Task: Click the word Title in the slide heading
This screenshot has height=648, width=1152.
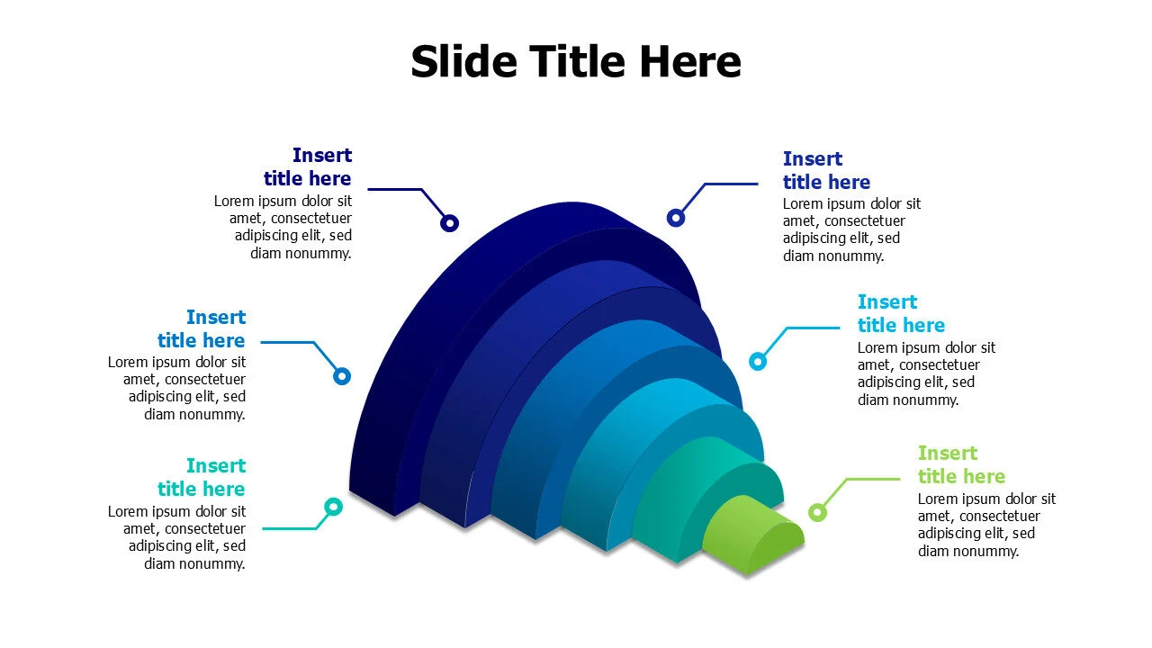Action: pyautogui.click(x=576, y=62)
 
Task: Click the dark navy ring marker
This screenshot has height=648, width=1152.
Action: pyautogui.click(x=449, y=223)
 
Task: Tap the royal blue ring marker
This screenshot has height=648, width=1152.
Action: pyautogui.click(x=676, y=217)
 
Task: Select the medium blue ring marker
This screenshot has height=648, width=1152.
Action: pyautogui.click(x=342, y=376)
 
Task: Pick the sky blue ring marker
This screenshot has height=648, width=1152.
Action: pyautogui.click(x=758, y=362)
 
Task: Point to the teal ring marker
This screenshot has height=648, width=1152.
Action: pyautogui.click(x=333, y=507)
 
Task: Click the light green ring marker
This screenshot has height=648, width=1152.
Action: pyautogui.click(x=817, y=512)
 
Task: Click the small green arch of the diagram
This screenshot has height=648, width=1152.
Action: pyautogui.click(x=751, y=535)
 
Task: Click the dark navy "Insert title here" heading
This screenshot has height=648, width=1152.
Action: pyautogui.click(x=308, y=167)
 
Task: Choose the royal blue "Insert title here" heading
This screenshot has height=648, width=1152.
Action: pyautogui.click(x=826, y=171)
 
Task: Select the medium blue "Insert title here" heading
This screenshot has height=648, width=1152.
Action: pyautogui.click(x=202, y=329)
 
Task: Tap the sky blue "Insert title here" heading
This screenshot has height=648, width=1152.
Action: pyautogui.click(x=901, y=314)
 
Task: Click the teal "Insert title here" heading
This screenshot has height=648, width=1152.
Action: pyautogui.click(x=202, y=478)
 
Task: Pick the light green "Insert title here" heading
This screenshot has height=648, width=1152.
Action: pyautogui.click(x=961, y=465)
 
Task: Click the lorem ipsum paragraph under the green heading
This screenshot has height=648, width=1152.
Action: pyautogui.click(x=986, y=525)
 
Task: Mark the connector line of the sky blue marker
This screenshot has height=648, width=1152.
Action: pyautogui.click(x=810, y=328)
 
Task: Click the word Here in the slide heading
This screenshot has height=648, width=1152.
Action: pyautogui.click(x=690, y=62)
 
